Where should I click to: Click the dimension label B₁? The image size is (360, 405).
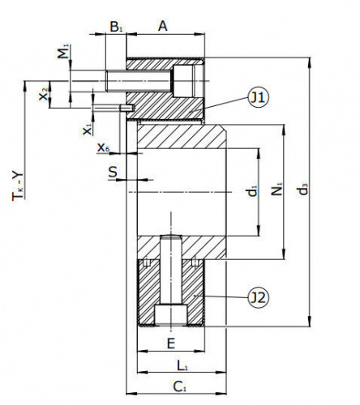pyautogui.click(x=116, y=27)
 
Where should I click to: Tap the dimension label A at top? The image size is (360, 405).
pyautogui.click(x=163, y=26)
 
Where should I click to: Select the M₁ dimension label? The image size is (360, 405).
pyautogui.click(x=64, y=51)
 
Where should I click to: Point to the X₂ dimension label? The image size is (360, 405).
pyautogui.click(x=44, y=94)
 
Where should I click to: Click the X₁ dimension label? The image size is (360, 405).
pyautogui.click(x=88, y=129)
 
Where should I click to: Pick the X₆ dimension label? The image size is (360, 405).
pyautogui.click(x=104, y=147)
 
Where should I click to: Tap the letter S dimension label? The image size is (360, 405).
pyautogui.click(x=113, y=172)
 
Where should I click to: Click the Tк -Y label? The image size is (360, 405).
pyautogui.click(x=18, y=185)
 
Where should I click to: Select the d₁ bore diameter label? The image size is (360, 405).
pyautogui.click(x=252, y=191)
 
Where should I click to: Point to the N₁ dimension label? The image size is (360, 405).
pyautogui.click(x=276, y=189)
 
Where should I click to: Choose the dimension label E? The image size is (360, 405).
pyautogui.click(x=171, y=343)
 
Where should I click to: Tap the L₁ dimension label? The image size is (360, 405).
pyautogui.click(x=182, y=366)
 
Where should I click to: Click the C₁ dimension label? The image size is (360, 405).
pyautogui.click(x=179, y=386)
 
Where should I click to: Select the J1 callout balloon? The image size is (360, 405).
pyautogui.click(x=259, y=98)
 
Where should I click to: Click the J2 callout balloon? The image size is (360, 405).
pyautogui.click(x=259, y=298)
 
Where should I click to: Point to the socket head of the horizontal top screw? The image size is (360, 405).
pyautogui.click(x=184, y=81)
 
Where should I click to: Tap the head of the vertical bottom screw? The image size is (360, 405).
pyautogui.click(x=171, y=315)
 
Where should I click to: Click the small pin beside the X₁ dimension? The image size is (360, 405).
pyautogui.click(x=127, y=108)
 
